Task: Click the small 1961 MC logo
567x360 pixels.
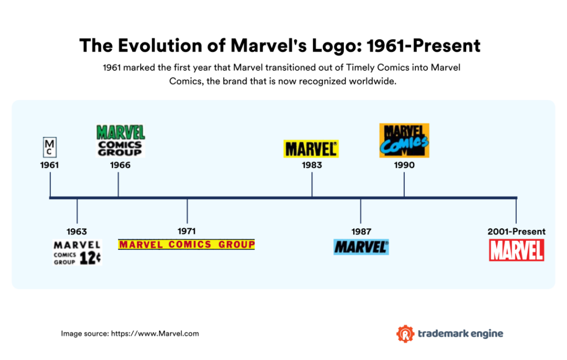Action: coord(50,147)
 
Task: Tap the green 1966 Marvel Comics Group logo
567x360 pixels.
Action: coord(120,140)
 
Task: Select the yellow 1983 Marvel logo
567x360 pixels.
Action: coord(311,148)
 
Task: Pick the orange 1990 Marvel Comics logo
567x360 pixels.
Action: coord(404,140)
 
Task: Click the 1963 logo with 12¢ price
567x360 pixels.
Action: coord(78,253)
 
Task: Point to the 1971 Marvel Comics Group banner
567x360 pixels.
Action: coord(187,244)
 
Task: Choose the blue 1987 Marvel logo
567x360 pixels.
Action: coord(361,246)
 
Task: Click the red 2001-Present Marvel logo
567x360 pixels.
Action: coord(516,250)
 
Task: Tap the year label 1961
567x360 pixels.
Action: coord(49,165)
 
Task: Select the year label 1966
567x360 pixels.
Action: coord(120,165)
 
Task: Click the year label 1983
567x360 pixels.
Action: coord(312,165)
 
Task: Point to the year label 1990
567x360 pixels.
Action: coord(404,165)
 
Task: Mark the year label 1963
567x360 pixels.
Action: coord(76,232)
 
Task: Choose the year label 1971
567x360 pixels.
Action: coord(187,231)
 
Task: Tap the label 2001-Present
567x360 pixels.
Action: coord(516,232)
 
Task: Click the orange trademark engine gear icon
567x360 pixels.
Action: coord(405,333)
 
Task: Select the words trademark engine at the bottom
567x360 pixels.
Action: coord(461,333)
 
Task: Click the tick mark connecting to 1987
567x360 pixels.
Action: coord(360,210)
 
